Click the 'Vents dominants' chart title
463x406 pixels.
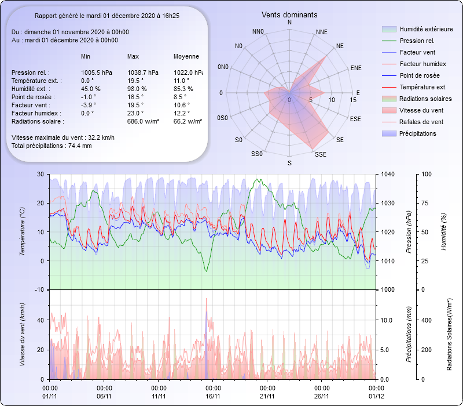click(x=289, y=14)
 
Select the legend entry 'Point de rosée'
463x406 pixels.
click(x=419, y=75)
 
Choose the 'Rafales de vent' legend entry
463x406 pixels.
click(x=421, y=122)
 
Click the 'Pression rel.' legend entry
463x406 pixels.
click(x=417, y=41)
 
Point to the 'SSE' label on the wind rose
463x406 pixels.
click(x=319, y=154)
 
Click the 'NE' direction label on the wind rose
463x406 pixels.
click(x=340, y=45)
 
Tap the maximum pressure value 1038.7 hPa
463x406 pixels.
click(x=142, y=72)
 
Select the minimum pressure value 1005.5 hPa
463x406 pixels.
click(x=96, y=72)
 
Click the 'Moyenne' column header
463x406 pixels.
click(x=186, y=56)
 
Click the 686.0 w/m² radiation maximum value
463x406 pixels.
click(x=143, y=121)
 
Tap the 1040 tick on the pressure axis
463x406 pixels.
click(x=388, y=174)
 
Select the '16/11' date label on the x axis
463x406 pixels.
click(x=213, y=396)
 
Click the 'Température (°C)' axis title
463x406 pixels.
click(x=23, y=232)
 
